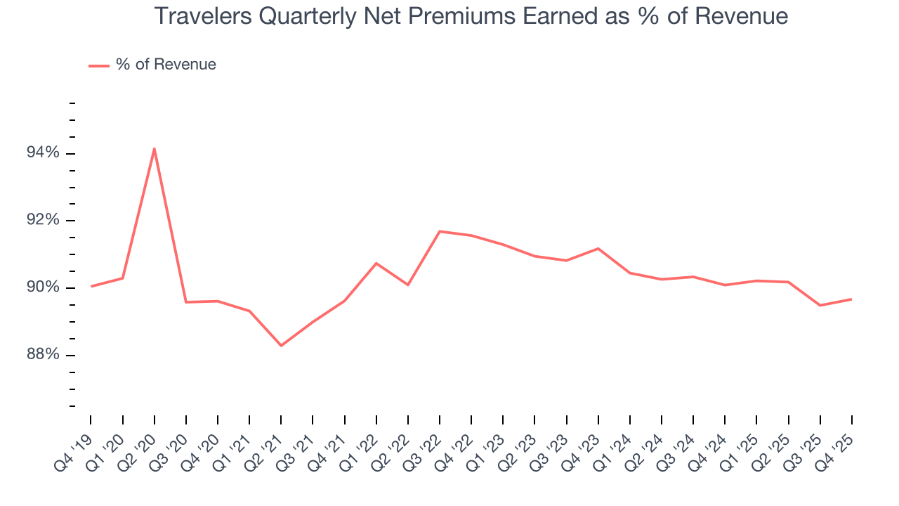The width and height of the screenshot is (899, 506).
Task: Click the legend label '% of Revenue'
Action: click(166, 65)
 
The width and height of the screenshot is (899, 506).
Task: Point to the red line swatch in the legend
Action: click(99, 65)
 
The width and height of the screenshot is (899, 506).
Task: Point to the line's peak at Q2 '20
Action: click(155, 148)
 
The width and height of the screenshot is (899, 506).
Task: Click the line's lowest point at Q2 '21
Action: click(281, 346)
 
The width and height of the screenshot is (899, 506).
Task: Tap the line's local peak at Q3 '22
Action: click(440, 231)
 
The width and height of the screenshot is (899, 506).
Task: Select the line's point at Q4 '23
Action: click(598, 248)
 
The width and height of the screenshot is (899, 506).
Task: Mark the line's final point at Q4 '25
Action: click(851, 299)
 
